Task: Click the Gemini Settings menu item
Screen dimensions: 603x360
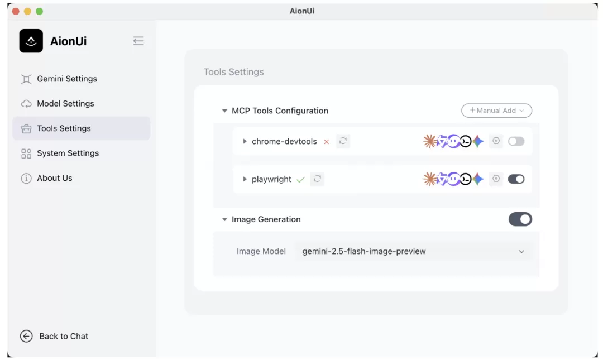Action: [x=59, y=79]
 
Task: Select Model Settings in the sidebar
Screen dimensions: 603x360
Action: [x=58, y=103]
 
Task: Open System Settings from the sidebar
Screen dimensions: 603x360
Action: [x=60, y=153]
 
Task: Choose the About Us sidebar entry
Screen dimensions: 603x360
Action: [x=46, y=178]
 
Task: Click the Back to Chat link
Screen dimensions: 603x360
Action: [x=54, y=336]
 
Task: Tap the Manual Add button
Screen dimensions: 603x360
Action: [x=496, y=111]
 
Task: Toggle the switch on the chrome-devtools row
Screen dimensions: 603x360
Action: [x=516, y=141]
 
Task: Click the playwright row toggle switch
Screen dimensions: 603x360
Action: [x=516, y=179]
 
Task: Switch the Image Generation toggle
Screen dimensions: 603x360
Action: [x=520, y=219]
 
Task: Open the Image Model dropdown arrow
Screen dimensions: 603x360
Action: [x=521, y=252]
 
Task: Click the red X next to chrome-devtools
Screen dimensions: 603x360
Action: [x=327, y=142]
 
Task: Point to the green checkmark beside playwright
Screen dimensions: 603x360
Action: [x=301, y=179]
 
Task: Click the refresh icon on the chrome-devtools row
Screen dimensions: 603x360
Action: [x=343, y=141]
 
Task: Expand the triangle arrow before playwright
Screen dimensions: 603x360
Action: [x=245, y=179]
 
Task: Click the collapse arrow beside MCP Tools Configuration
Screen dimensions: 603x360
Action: [x=224, y=111]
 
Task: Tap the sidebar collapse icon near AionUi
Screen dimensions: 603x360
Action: [x=138, y=41]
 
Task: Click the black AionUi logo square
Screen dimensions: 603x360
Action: [x=31, y=41]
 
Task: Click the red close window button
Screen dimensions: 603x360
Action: [x=16, y=11]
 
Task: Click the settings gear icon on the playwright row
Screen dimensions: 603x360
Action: [x=496, y=179]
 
